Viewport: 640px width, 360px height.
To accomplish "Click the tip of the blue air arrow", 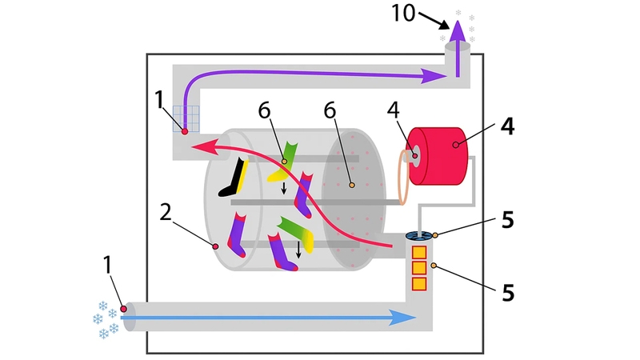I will [x=411, y=318].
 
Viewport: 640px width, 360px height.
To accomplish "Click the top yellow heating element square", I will [x=418, y=252].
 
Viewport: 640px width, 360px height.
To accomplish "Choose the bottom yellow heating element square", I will [x=418, y=282].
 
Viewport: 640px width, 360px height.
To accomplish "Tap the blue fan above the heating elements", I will [x=418, y=235].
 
